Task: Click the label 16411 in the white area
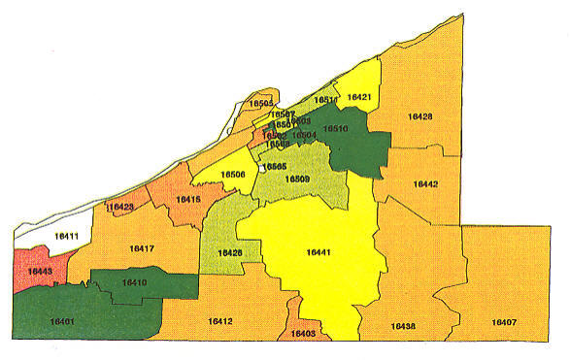tap(65, 236)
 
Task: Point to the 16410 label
tap(134, 282)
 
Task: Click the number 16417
tap(142, 249)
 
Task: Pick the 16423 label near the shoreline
tap(119, 207)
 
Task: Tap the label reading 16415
tap(187, 199)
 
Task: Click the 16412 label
tap(220, 320)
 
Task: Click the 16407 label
tap(503, 321)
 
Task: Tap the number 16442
tap(425, 183)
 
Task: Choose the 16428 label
tap(419, 116)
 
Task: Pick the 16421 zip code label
tap(359, 97)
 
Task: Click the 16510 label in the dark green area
tap(335, 128)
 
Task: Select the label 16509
tap(297, 179)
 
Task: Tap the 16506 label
tap(233, 175)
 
